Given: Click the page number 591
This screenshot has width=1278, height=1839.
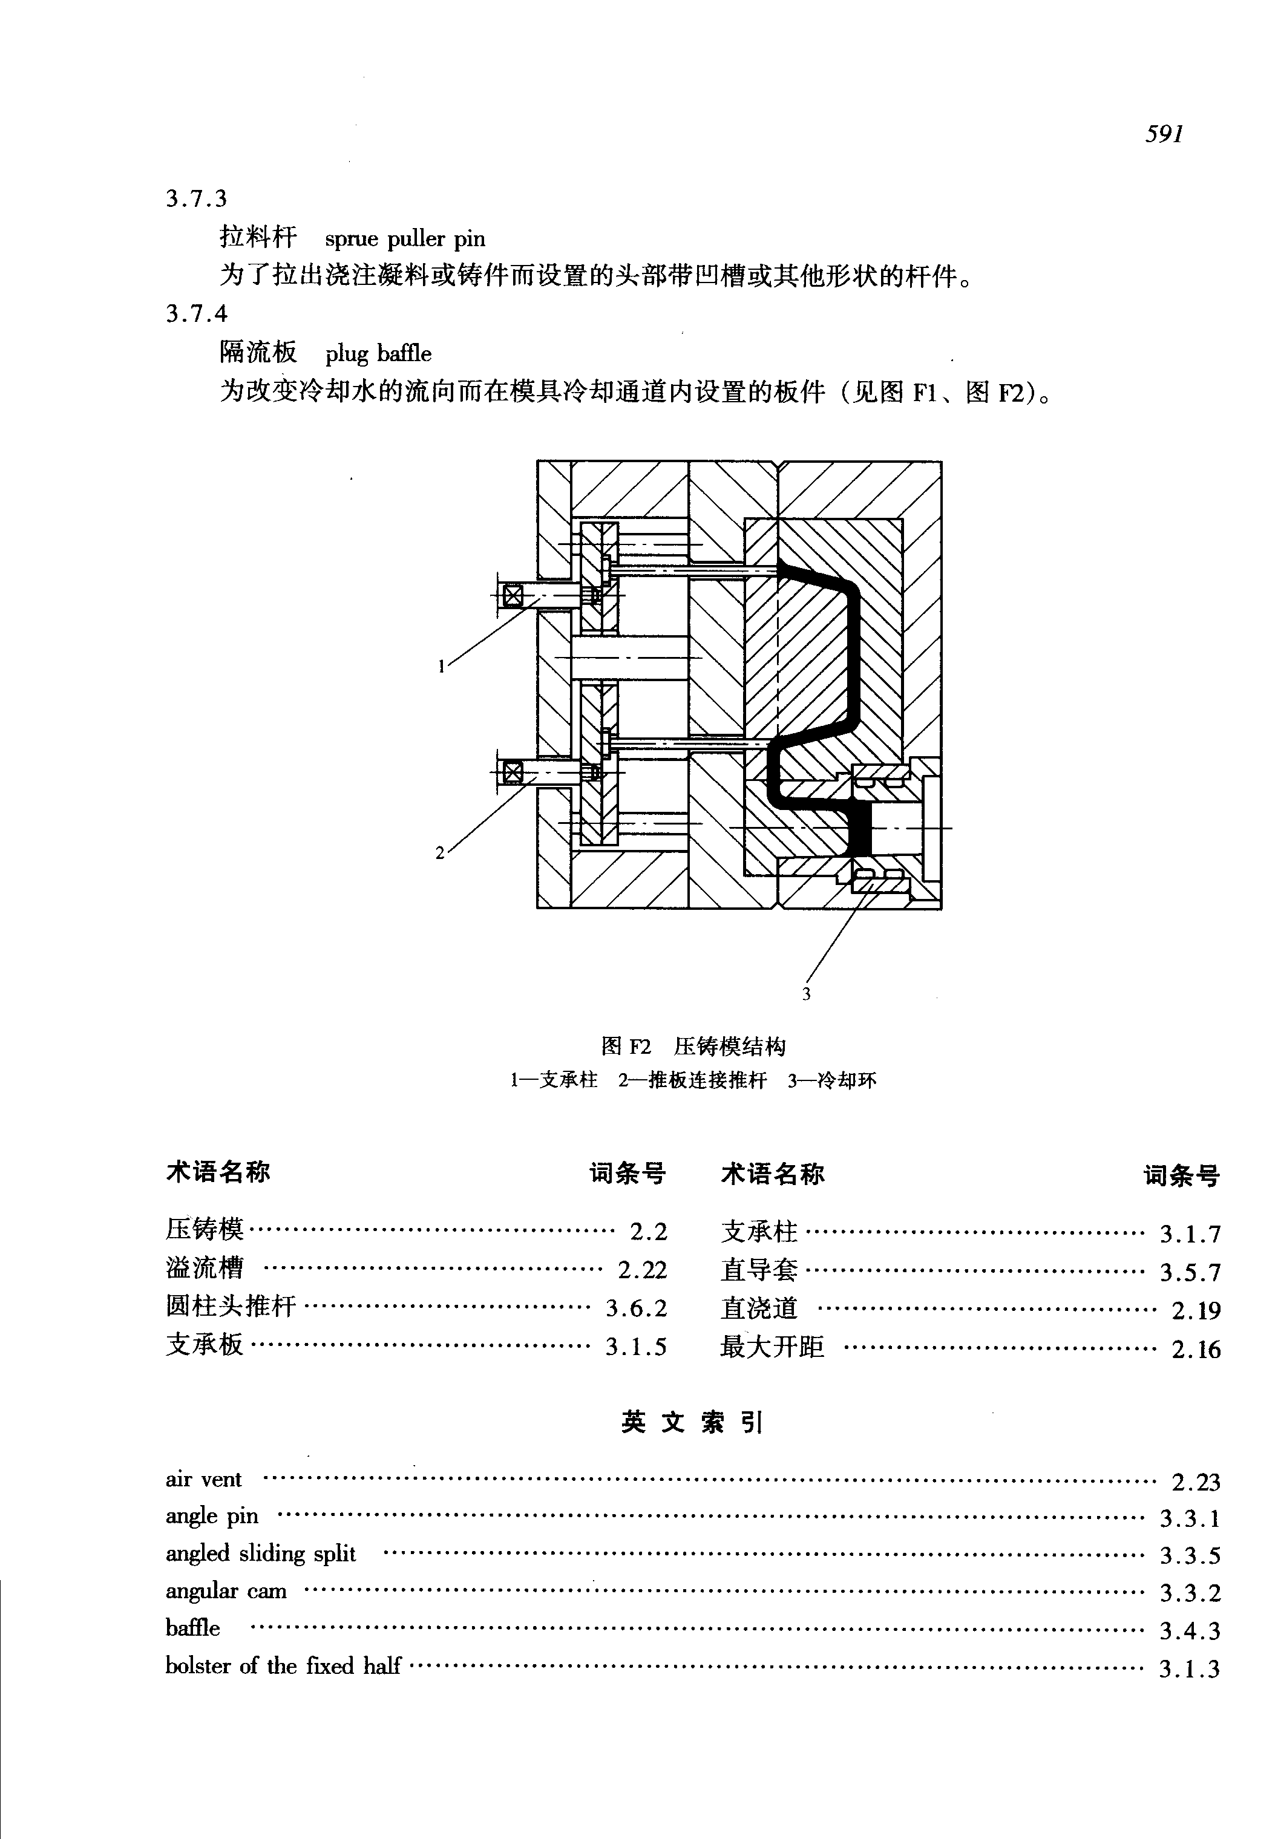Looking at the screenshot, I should [x=1164, y=134].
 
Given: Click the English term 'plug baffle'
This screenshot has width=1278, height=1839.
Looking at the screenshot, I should [x=378, y=353].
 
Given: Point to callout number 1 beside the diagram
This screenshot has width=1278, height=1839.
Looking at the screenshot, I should [x=441, y=665].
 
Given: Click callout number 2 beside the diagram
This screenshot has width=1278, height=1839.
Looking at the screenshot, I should [x=439, y=852].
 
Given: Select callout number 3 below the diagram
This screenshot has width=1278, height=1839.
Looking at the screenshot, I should [x=807, y=995].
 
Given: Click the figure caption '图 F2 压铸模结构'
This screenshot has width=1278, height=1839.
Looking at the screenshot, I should [x=693, y=1047].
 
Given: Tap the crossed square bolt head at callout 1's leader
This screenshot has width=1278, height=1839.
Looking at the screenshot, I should [x=513, y=596].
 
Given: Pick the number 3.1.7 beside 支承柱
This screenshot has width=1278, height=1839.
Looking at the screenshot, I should [x=1190, y=1233].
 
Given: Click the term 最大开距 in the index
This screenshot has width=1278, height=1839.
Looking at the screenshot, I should [x=772, y=1347].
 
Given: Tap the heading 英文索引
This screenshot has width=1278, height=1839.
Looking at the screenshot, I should [x=693, y=1423].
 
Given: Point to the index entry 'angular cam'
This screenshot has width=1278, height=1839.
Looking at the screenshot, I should [x=226, y=1591].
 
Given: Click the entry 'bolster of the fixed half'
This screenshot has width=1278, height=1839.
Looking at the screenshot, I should [x=283, y=1666].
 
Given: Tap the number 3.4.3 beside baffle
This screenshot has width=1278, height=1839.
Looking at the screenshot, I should [x=1190, y=1630].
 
